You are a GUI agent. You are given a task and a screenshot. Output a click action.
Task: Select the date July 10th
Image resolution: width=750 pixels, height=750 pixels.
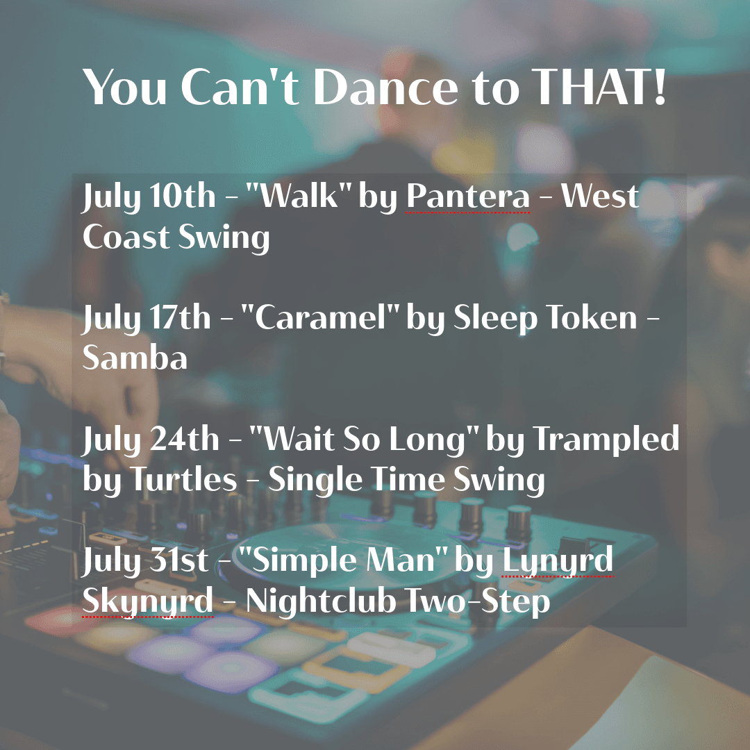point(149,197)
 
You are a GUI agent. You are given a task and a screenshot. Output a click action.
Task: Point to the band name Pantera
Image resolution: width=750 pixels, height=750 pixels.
point(467,197)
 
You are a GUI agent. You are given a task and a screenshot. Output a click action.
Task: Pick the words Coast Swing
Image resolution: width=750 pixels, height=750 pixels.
point(176,237)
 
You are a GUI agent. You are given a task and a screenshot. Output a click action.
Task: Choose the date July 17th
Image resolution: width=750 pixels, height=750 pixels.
point(147,318)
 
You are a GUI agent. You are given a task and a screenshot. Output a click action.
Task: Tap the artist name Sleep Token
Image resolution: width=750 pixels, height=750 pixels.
point(545,318)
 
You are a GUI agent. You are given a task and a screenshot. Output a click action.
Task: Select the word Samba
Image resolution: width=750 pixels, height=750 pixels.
point(135,359)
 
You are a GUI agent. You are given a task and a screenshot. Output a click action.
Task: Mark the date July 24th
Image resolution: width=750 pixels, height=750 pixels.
point(150,440)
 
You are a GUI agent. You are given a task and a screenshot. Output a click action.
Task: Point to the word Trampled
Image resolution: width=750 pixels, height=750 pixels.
point(606,440)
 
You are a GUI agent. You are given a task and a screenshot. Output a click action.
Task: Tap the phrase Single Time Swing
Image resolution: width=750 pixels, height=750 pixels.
point(406,481)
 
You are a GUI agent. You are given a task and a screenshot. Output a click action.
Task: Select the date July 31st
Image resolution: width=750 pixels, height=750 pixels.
point(145,561)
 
